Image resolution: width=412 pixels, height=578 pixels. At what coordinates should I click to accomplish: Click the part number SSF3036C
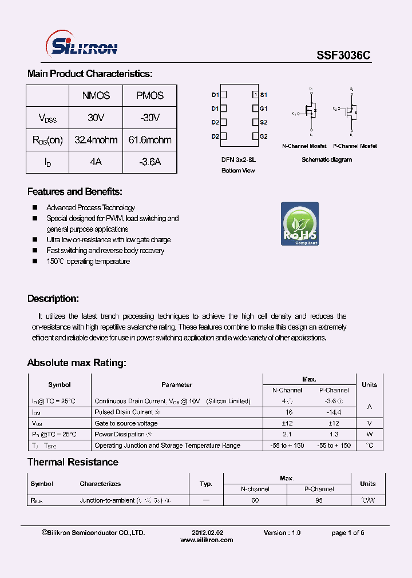(343, 55)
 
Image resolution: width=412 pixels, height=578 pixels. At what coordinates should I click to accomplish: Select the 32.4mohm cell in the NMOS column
(96, 140)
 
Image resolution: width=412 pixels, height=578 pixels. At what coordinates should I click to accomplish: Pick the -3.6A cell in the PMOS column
(150, 162)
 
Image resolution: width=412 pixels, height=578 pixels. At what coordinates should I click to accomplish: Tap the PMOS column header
(150, 96)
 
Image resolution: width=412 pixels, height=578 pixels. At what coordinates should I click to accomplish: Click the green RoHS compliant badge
(299, 224)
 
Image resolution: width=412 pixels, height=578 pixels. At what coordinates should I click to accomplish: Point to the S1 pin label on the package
(263, 95)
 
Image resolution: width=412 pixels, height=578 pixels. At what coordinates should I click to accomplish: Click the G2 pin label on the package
(263, 137)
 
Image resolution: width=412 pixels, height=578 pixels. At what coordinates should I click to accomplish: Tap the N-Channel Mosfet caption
(304, 146)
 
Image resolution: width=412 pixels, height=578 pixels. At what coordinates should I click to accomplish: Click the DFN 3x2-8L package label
(239, 160)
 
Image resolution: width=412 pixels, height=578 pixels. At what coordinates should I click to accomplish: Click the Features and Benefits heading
(75, 192)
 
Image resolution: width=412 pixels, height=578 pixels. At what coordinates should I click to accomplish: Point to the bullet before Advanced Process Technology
(35, 208)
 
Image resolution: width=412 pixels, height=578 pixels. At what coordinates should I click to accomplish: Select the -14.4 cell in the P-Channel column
(334, 412)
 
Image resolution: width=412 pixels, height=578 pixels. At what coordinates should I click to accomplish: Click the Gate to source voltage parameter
(126, 423)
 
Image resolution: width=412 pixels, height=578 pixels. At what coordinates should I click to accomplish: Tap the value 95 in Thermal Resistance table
(319, 500)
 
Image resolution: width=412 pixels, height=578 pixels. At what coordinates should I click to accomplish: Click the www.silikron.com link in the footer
(207, 540)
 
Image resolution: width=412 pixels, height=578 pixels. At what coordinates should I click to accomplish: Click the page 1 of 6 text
(347, 533)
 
